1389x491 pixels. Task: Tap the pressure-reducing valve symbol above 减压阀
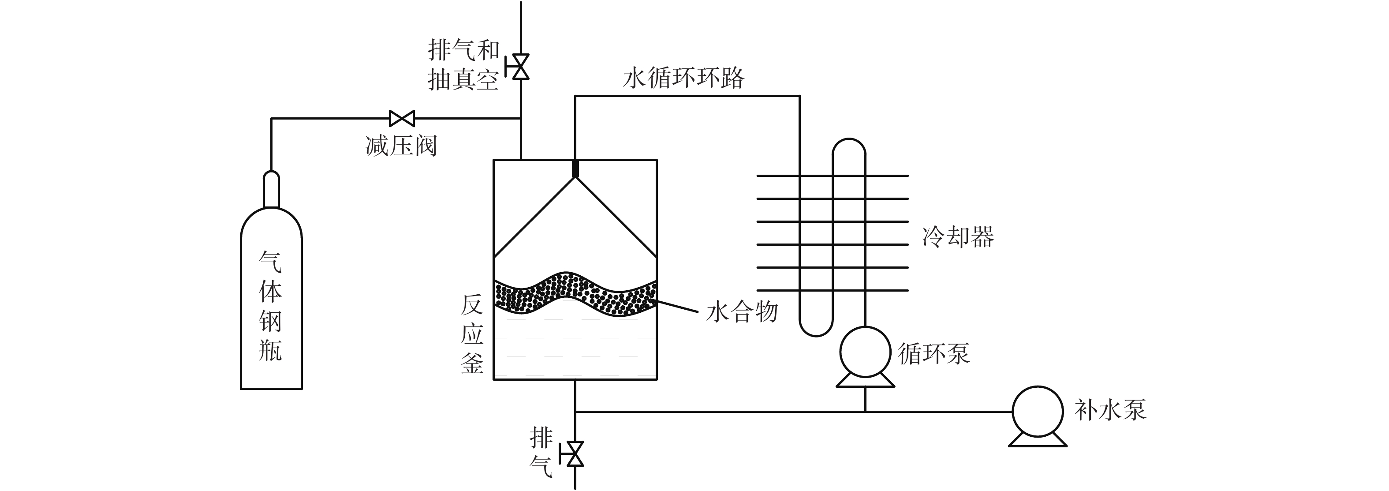tap(402, 118)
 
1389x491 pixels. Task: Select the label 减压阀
tap(401, 146)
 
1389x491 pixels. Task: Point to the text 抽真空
tap(463, 80)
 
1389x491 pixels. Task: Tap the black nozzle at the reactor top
tap(575, 169)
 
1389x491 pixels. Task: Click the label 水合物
tap(742, 312)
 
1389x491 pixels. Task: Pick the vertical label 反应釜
tap(472, 334)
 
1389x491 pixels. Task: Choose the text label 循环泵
tap(934, 354)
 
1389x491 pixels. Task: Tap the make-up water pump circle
tap(1038, 412)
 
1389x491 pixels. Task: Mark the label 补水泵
tap(1110, 410)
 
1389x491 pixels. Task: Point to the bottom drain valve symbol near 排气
tap(575, 454)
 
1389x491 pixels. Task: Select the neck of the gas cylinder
tap(271, 189)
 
